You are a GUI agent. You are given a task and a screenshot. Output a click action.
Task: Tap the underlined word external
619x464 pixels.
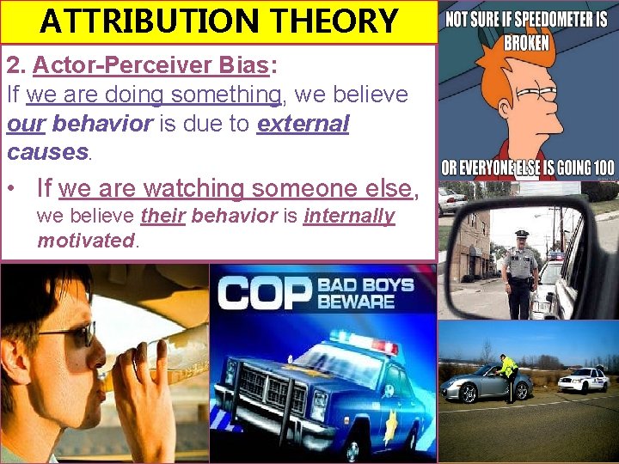click(x=303, y=124)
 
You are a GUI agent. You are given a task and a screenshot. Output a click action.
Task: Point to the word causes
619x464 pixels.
click(x=47, y=152)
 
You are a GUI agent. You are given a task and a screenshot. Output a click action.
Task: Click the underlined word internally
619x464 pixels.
click(x=349, y=216)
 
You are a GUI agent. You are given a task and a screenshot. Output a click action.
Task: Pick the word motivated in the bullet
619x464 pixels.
click(x=85, y=241)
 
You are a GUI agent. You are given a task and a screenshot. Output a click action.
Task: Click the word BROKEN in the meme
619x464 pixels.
click(x=527, y=42)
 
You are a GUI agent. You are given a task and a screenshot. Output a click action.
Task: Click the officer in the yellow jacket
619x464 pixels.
click(x=510, y=374)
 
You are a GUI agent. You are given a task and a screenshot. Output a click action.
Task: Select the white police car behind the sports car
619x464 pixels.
click(x=582, y=379)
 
